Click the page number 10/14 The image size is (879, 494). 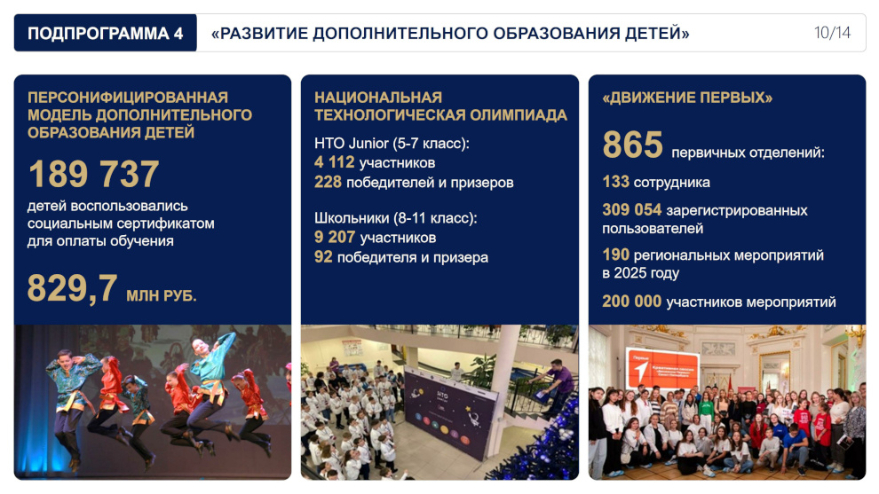coord(832,33)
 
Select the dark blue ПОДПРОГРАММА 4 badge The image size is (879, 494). coord(106,33)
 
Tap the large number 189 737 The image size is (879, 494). coord(93,174)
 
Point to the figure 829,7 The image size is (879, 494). coord(72,288)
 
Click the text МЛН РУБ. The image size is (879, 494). coord(162,295)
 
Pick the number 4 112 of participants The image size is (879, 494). coord(334,162)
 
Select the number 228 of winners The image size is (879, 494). coord(328,182)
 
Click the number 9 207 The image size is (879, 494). coord(335,237)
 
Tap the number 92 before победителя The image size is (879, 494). coord(323,256)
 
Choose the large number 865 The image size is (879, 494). coord(632,145)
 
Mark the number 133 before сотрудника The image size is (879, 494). coord(615,182)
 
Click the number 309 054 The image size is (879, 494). coord(632,210)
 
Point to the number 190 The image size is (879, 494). coord(615,255)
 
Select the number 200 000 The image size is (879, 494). coord(632,302)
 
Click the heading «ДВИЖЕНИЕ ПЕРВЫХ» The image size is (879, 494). coord(687,98)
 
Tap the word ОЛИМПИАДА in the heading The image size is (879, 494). coord(518,114)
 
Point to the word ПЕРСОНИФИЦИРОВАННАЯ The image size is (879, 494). coord(128,98)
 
